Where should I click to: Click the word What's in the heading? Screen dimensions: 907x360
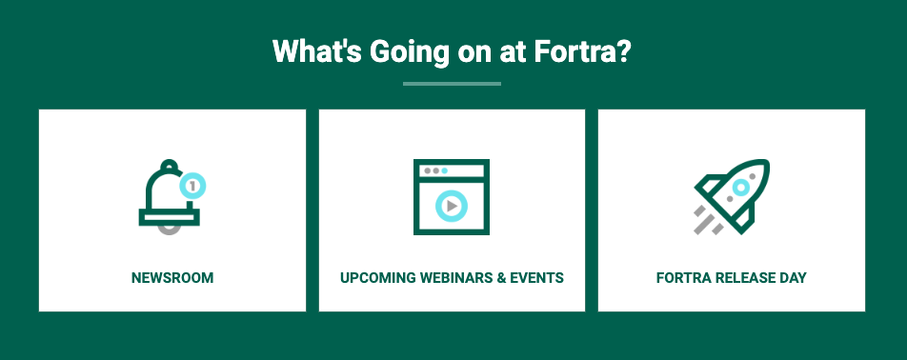coord(317,51)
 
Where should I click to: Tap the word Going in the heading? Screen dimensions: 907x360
coord(410,53)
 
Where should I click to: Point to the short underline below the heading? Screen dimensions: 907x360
coord(452,84)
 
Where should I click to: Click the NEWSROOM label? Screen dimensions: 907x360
coord(172,278)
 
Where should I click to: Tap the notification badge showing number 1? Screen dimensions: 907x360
coord(192,186)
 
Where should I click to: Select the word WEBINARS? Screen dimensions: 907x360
coord(455,278)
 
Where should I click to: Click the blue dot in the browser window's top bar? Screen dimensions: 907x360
coord(444,171)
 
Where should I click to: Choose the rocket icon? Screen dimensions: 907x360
coord(733,196)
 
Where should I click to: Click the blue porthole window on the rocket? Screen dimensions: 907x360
coord(741,188)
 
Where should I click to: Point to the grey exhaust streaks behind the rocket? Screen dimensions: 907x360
coord(708,221)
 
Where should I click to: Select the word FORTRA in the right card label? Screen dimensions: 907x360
coord(684,278)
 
